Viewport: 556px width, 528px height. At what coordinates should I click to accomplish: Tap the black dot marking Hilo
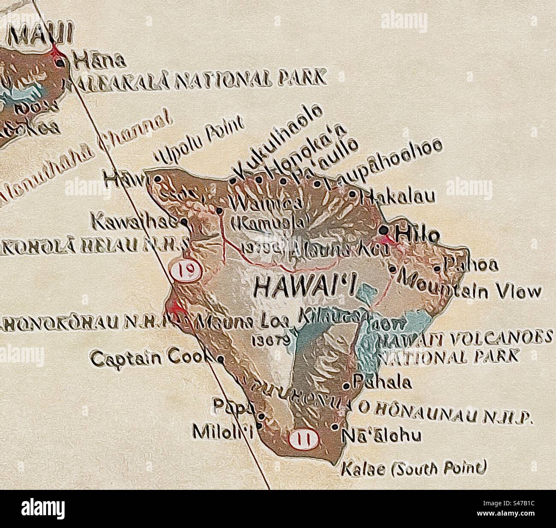click(x=384, y=230)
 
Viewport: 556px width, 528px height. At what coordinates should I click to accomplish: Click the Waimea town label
click(x=263, y=203)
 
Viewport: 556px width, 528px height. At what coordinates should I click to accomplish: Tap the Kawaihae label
click(x=135, y=221)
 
